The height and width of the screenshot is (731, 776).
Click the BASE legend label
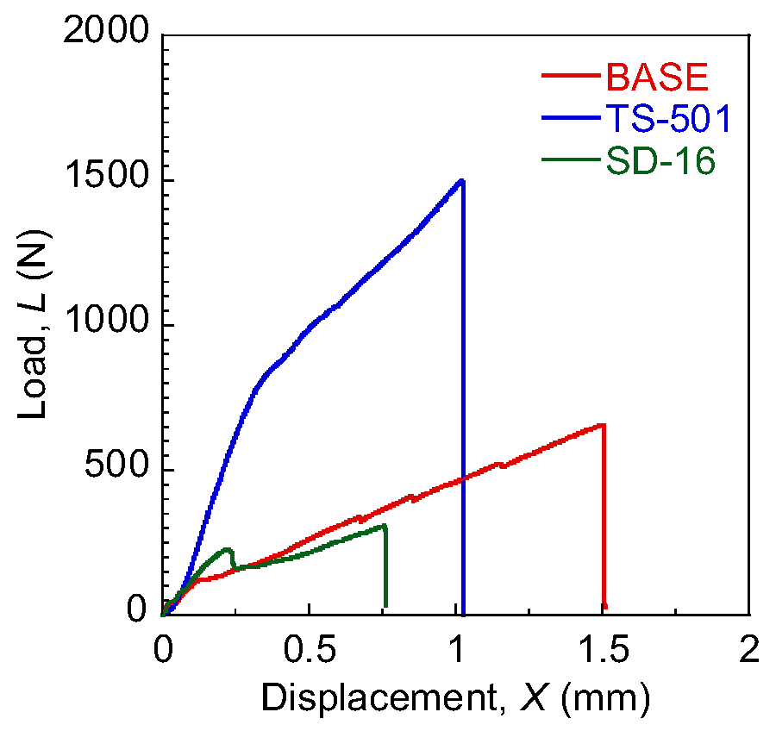point(657,78)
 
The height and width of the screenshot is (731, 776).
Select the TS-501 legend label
point(668,121)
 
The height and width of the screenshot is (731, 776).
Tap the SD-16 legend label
point(661,162)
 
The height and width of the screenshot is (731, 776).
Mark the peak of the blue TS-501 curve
point(462,181)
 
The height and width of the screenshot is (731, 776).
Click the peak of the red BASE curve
point(603,425)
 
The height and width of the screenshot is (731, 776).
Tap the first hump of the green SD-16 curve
point(228,549)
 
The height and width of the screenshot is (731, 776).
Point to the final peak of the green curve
point(384,525)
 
